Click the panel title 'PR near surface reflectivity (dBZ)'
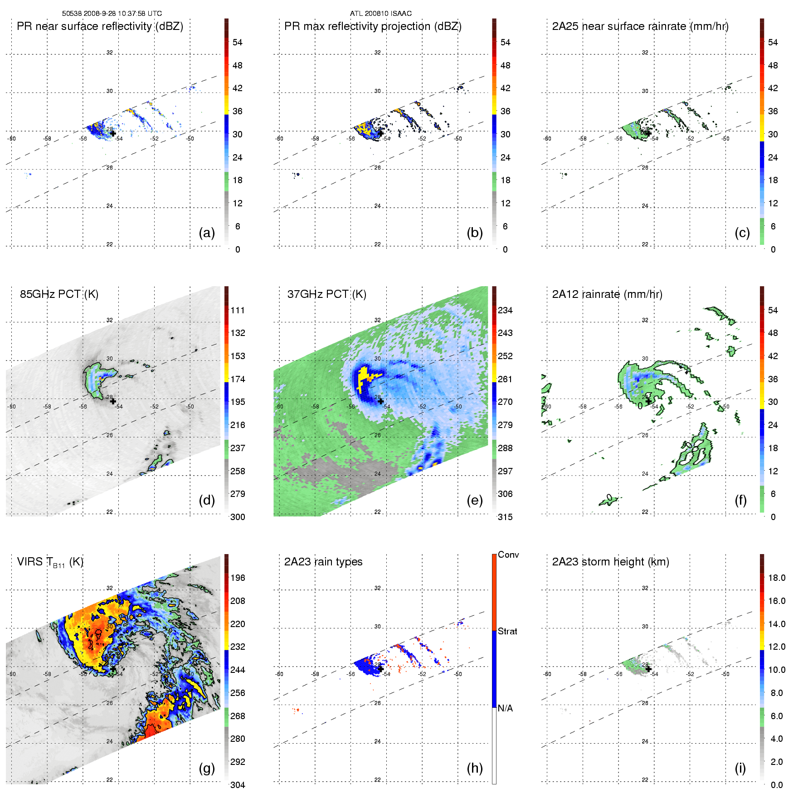pos(100,26)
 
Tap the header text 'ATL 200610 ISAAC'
pos(381,14)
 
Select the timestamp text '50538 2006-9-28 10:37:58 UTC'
pos(112,14)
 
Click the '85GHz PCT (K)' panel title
pos(59,294)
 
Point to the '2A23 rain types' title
pos(323,562)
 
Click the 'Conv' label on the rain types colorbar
pos(508,555)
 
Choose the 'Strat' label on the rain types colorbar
pos(507,632)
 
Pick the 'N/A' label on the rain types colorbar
pos(505,708)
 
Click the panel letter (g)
pos(207,768)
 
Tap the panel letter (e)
pos(475,500)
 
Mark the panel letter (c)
pos(742,233)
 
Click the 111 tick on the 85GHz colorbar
pos(238,311)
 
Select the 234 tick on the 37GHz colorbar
pos(505,311)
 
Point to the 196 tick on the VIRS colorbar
pos(238,578)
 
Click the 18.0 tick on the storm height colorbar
pos(777,578)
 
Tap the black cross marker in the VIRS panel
pos(113,669)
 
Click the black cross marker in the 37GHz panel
pos(381,401)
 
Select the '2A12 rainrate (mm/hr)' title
pos(607,294)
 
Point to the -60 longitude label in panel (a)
pos(12,139)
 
